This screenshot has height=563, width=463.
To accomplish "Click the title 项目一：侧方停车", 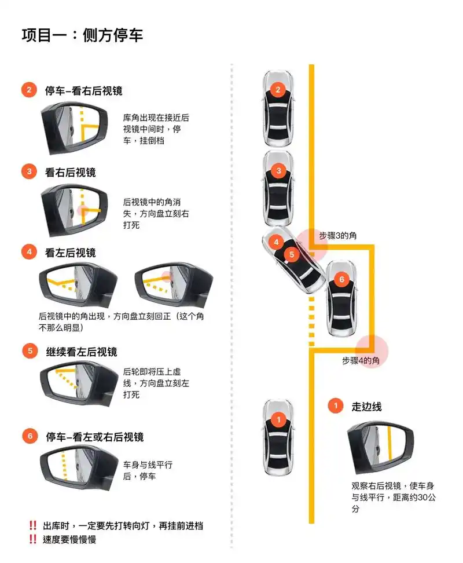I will [x=82, y=35].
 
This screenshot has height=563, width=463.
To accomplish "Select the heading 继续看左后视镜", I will [x=81, y=352].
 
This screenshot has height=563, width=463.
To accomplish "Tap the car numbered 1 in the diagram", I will [x=278, y=437].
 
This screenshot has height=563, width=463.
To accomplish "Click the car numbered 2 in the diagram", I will [x=278, y=108].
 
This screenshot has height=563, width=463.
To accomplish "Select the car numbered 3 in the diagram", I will [x=278, y=188].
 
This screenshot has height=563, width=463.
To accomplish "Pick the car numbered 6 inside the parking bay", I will [x=341, y=298].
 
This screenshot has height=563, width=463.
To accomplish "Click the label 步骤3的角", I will [x=337, y=236].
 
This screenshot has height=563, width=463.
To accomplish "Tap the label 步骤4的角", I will [x=361, y=360].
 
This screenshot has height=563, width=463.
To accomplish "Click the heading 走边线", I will [x=366, y=406].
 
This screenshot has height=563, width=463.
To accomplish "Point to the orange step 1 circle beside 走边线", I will [x=335, y=406].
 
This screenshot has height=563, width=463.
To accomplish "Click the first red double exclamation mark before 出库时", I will [x=33, y=525].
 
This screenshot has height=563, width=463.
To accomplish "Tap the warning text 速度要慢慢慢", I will [x=69, y=539].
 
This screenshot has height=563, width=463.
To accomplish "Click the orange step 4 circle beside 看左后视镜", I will [x=28, y=252].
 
